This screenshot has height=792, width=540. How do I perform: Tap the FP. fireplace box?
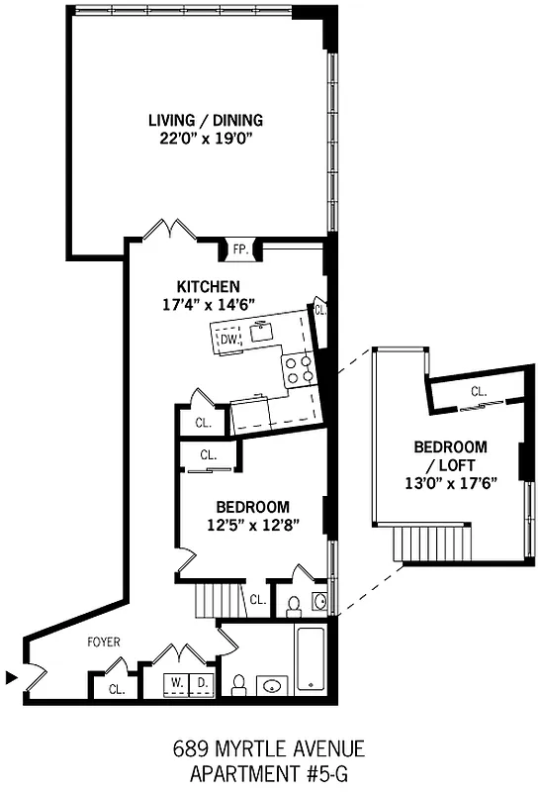pos(240,249)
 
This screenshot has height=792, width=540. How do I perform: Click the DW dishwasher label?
pos(228,341)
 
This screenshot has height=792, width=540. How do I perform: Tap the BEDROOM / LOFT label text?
pos(450,455)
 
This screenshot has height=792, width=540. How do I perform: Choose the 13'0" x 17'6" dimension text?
pos(451,482)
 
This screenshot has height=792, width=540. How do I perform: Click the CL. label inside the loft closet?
pos(479,392)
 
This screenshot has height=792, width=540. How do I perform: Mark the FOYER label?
pos(104,643)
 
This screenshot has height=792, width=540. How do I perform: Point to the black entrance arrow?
pos(11,678)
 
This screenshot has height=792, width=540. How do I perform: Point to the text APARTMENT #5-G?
pos(270,770)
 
